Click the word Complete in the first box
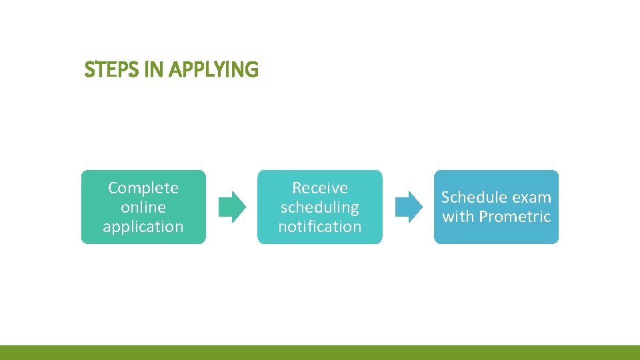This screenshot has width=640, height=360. pos(143,188)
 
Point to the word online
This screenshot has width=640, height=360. pos(143,207)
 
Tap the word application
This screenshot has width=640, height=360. pos(143,227)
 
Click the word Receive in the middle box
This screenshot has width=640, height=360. pos(320,188)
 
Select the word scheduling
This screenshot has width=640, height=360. pos(320,207)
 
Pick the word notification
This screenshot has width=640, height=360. pos(320,227)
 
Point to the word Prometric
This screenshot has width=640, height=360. pos(515,217)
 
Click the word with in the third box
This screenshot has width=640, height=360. pos(458,217)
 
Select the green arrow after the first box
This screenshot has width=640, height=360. pos(232,207)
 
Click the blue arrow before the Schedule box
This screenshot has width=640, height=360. pos(408,207)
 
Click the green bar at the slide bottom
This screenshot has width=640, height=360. pos(320,353)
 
